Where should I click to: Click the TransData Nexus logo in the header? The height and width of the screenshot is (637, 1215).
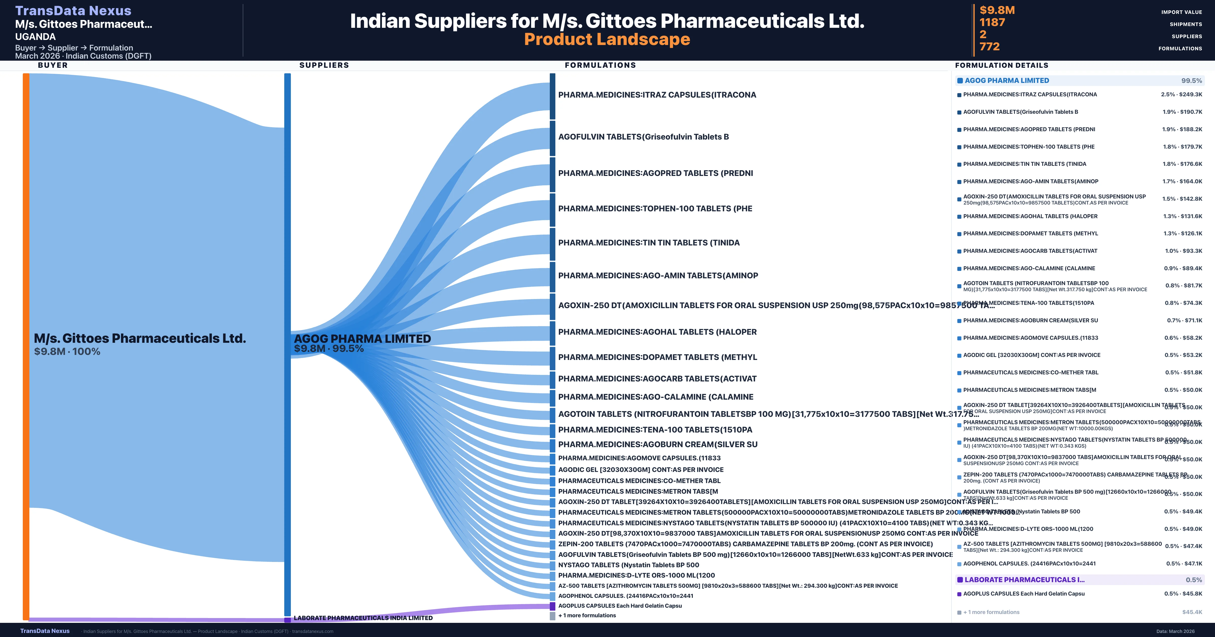tap(73, 10)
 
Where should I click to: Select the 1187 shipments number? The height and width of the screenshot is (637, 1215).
tap(992, 22)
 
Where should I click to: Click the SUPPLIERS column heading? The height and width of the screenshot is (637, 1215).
tap(324, 65)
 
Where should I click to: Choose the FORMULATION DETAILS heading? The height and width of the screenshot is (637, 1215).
tap(1001, 65)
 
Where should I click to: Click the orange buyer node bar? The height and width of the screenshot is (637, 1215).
tap(26, 346)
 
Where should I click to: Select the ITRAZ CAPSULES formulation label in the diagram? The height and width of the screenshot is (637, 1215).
tap(657, 95)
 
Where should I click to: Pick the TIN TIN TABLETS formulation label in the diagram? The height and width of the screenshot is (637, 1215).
tap(649, 243)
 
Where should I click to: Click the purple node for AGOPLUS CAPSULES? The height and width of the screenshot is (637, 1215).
tap(552, 606)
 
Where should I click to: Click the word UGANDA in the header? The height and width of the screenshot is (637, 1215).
tap(35, 37)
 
